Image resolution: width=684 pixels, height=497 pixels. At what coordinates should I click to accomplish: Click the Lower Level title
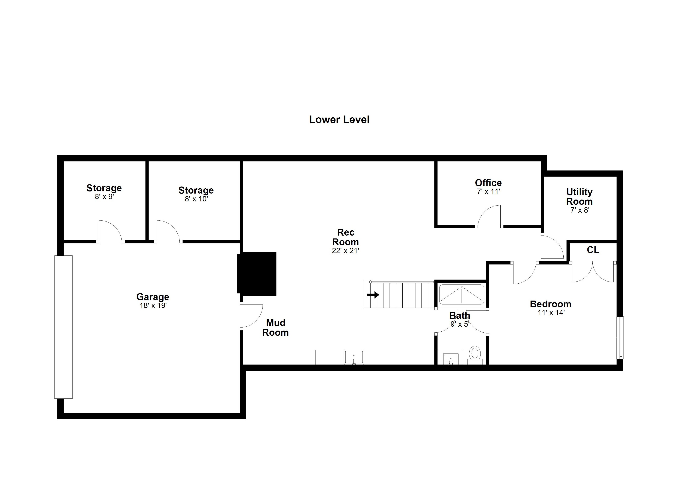pos(339,120)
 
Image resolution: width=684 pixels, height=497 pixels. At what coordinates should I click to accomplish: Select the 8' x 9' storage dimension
pos(104,197)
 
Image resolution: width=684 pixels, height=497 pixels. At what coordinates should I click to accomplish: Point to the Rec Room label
pos(345,237)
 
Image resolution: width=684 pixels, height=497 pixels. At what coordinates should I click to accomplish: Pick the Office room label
pos(488,183)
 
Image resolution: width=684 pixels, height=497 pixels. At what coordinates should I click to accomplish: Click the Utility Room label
pos(579,196)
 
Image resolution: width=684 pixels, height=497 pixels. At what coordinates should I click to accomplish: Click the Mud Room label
pos(275,327)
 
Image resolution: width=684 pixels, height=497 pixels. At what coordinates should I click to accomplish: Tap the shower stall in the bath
pos(461,294)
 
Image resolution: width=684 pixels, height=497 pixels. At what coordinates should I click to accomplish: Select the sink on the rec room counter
pos(354,357)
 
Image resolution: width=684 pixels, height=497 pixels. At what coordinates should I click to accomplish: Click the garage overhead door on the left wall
pos(63,327)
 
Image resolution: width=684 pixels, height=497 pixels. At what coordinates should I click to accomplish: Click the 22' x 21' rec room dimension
pos(345,251)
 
